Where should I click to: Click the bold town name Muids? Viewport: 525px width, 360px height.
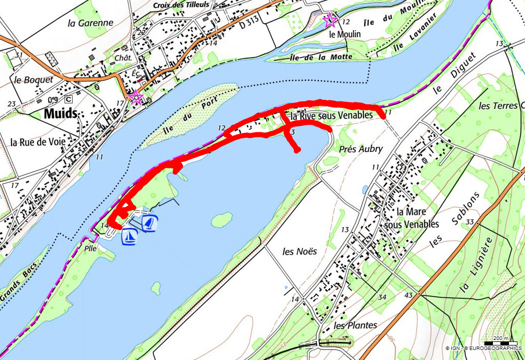point(61,113)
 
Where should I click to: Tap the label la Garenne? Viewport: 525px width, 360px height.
point(90,23)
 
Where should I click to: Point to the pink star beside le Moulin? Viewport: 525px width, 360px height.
point(329,20)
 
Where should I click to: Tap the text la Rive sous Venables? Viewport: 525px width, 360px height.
point(332,115)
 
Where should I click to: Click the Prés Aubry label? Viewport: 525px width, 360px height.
point(361,149)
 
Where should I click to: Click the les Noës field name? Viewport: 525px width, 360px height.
point(300,251)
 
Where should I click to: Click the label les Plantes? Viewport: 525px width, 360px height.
point(355,325)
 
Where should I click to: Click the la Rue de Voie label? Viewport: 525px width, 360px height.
point(38,142)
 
